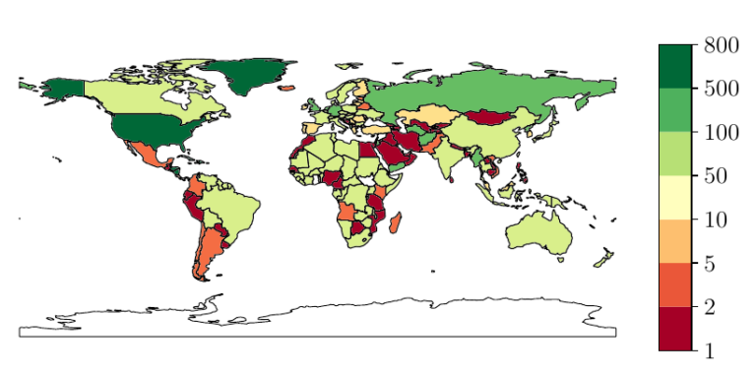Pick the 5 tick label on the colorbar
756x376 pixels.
pyautogui.click(x=710, y=263)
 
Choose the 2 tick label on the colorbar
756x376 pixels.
pyautogui.click(x=710, y=307)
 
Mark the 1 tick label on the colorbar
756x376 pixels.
pyautogui.click(x=710, y=350)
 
